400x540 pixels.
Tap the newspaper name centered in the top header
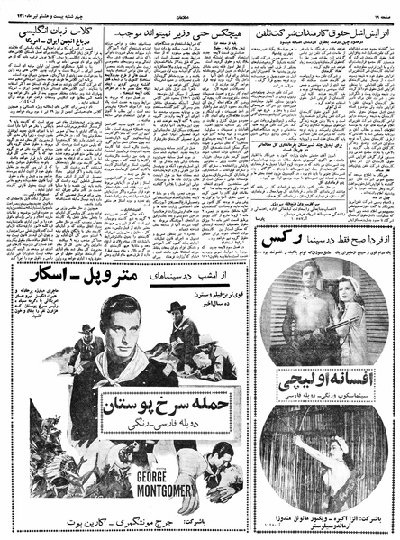(x=200, y=8)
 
